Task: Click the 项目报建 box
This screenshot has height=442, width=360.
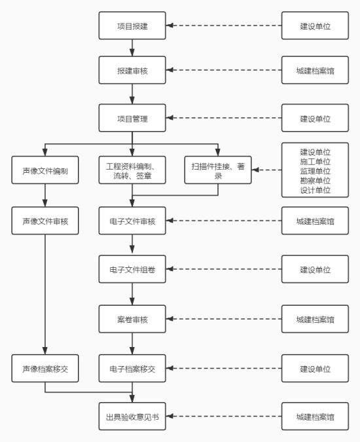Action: click(132, 26)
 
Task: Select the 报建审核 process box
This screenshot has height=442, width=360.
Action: click(132, 70)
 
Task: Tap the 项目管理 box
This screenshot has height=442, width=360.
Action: click(132, 118)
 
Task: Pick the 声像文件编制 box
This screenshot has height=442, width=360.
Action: click(45, 170)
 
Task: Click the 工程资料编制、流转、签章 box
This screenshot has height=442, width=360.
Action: click(132, 170)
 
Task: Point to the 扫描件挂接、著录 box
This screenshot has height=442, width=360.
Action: click(218, 170)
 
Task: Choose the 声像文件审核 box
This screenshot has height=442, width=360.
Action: click(45, 221)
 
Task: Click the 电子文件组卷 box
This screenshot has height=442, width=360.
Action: click(132, 269)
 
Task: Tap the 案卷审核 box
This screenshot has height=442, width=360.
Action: click(132, 319)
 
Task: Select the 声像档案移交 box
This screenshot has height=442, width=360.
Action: click(45, 369)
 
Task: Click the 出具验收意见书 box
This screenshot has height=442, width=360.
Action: click(132, 416)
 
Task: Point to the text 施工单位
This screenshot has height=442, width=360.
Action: click(315, 162)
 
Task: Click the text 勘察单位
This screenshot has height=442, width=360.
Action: click(315, 181)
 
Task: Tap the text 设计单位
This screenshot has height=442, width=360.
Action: click(315, 190)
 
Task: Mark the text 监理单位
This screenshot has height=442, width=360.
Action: click(315, 171)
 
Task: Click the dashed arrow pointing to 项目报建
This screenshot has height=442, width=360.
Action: click(224, 26)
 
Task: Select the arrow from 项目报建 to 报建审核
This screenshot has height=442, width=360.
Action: click(132, 48)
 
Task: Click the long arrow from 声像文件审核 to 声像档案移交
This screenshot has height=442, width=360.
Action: click(45, 295)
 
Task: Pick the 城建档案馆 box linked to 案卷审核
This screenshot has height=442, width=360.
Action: click(315, 319)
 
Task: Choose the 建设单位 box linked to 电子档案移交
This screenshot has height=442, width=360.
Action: click(315, 369)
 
